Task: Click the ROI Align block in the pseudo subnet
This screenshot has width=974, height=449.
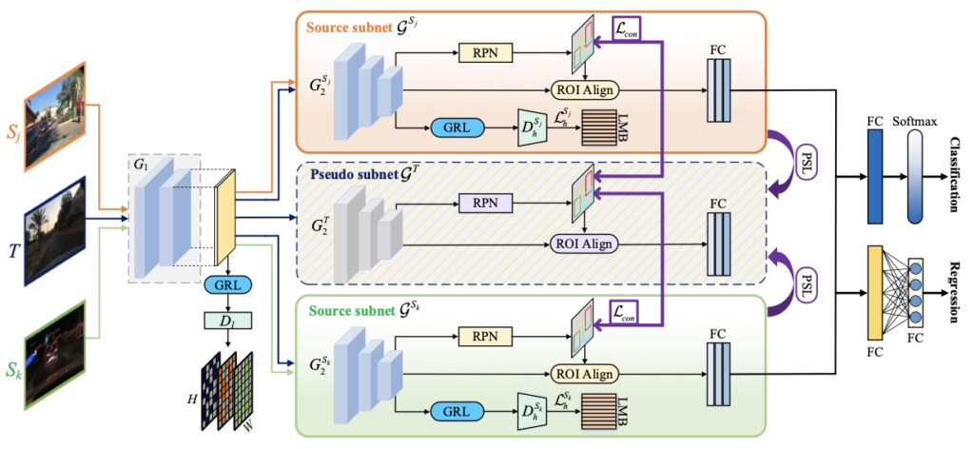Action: [x=584, y=243]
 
